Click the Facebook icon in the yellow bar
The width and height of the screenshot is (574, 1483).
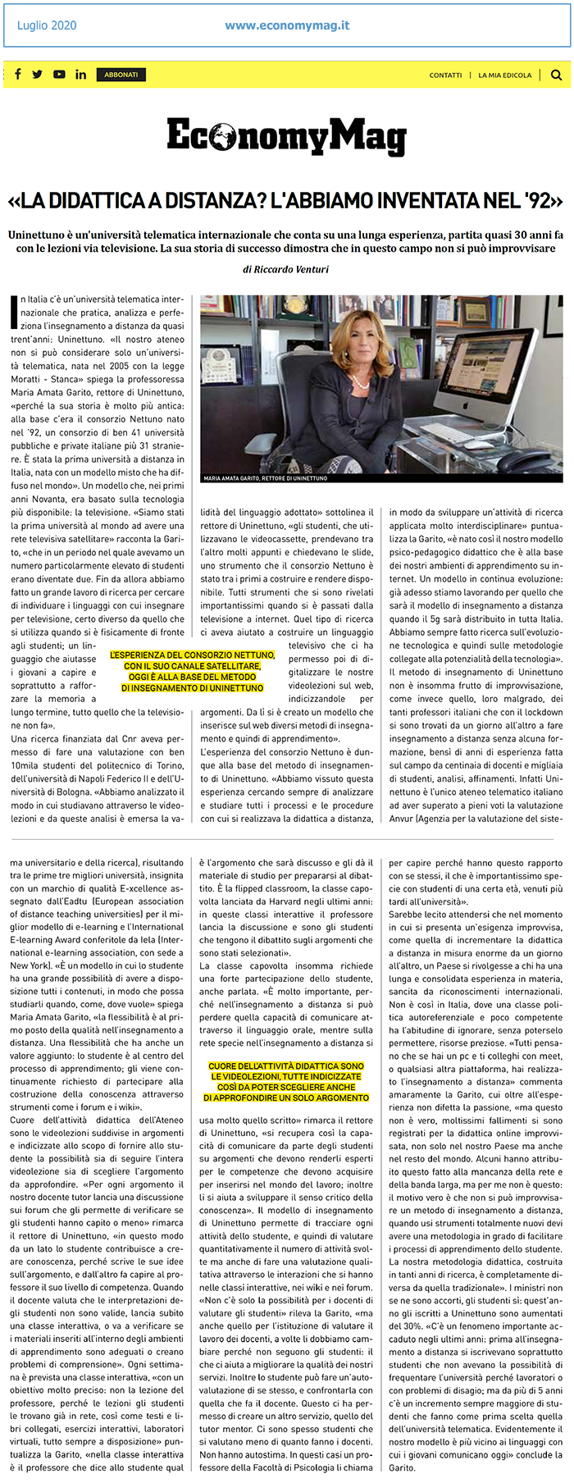click(x=18, y=75)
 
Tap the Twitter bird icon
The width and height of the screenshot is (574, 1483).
click(x=38, y=75)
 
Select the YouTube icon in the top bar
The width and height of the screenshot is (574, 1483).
click(x=59, y=75)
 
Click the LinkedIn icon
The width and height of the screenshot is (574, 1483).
click(x=80, y=75)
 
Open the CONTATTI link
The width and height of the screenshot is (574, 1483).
click(x=445, y=75)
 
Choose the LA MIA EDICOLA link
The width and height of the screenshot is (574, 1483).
click(x=505, y=75)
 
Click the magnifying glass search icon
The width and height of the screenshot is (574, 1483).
click(x=557, y=75)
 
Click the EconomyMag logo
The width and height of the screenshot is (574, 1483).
click(x=286, y=136)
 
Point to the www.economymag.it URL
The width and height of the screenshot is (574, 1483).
click(x=287, y=25)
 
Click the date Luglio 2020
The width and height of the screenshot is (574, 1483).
click(x=47, y=25)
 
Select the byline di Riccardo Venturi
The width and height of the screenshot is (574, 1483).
click(x=286, y=269)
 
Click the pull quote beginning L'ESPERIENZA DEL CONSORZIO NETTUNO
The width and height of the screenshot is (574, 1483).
click(x=193, y=672)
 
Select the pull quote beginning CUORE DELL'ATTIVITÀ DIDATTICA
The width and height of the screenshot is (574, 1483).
click(x=286, y=1082)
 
